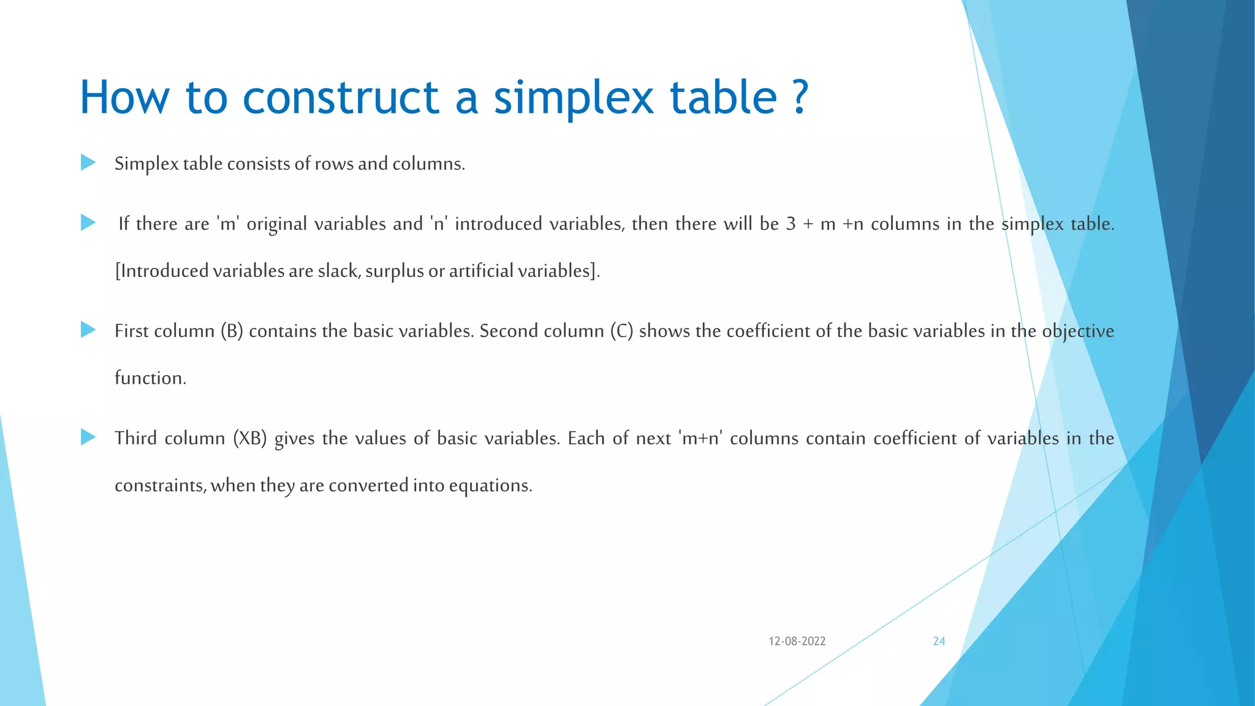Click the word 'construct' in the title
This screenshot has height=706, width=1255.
tap(341, 98)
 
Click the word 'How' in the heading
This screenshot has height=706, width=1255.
tap(124, 98)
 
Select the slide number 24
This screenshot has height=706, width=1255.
tap(939, 641)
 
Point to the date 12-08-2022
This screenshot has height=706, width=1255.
tap(797, 641)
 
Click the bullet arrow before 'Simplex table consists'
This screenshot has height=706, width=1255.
tap(88, 162)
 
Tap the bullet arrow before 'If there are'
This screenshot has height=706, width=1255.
tap(88, 222)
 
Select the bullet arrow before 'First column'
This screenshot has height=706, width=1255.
tap(88, 330)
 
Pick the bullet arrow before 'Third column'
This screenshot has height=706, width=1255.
tap(88, 437)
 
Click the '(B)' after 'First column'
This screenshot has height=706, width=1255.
tap(232, 331)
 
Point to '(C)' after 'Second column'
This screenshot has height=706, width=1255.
tap(621, 331)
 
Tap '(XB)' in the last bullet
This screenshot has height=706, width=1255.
tap(249, 438)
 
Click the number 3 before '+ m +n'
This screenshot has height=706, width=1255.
tap(791, 224)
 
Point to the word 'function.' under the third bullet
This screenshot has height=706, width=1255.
tap(150, 378)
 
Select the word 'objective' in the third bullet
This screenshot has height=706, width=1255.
tap(1078, 331)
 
